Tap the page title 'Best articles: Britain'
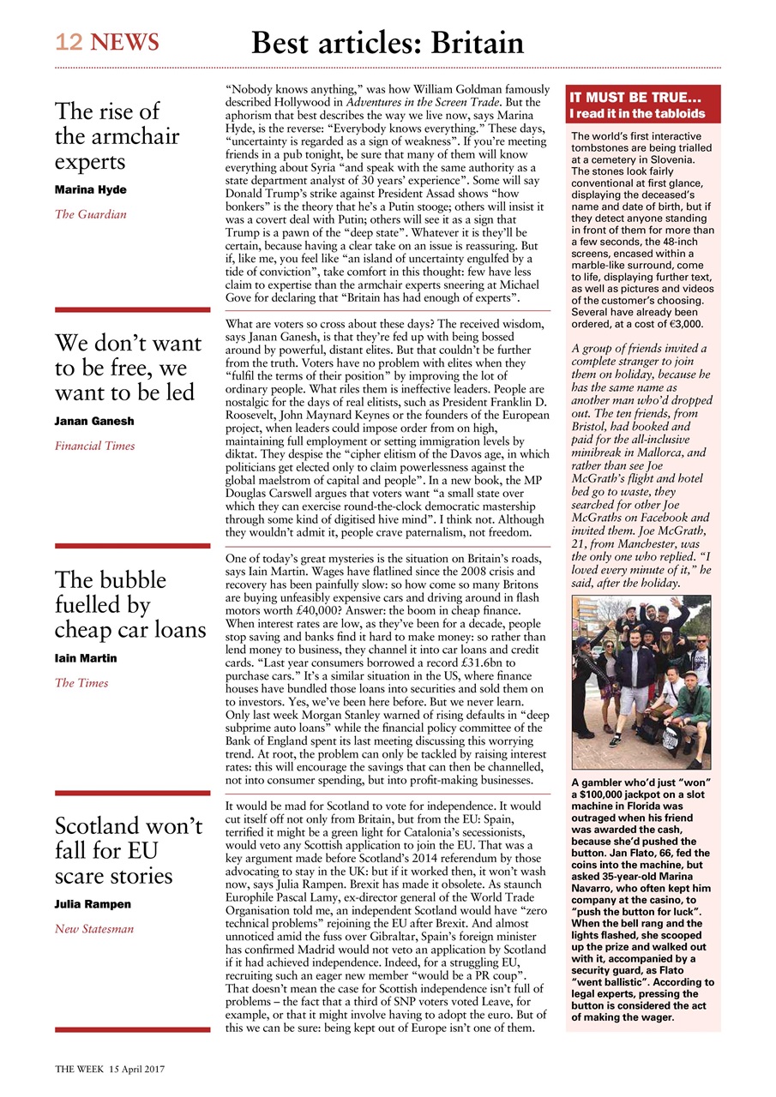(x=387, y=42)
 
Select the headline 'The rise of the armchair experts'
(x=117, y=136)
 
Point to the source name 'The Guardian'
(x=90, y=214)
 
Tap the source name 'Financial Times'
(x=94, y=446)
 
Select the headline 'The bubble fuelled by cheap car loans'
(x=130, y=604)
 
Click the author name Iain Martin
(x=86, y=658)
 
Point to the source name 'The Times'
(x=81, y=683)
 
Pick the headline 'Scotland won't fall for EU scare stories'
(x=129, y=850)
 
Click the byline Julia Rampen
(x=93, y=904)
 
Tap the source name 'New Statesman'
(x=94, y=929)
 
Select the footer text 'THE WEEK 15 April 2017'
(x=110, y=1069)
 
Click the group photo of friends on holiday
(x=642, y=682)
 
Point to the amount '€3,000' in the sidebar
(x=681, y=325)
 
